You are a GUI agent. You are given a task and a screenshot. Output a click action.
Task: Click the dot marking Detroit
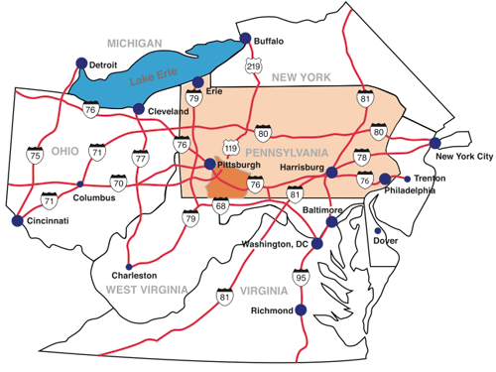point(81,63)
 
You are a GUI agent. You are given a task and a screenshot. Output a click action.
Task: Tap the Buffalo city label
point(270,42)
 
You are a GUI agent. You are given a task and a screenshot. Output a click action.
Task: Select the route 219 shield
point(254,66)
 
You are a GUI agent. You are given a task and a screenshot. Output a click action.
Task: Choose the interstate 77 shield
point(140,157)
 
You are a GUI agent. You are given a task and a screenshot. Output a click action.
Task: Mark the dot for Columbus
point(80,184)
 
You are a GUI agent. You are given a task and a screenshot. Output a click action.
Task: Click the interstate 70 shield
point(119,183)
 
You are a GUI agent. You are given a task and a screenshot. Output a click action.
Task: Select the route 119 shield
point(231,149)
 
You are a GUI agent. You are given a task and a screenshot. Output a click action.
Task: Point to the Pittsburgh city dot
point(210,165)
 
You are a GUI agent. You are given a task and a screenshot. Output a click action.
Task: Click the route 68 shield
point(220,206)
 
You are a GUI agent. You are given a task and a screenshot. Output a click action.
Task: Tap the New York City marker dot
point(434,143)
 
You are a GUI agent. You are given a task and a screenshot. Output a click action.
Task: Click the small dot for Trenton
point(408,179)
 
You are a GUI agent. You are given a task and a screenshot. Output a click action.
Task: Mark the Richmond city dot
point(301,310)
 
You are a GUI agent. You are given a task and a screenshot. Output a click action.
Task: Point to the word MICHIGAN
point(135,44)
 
